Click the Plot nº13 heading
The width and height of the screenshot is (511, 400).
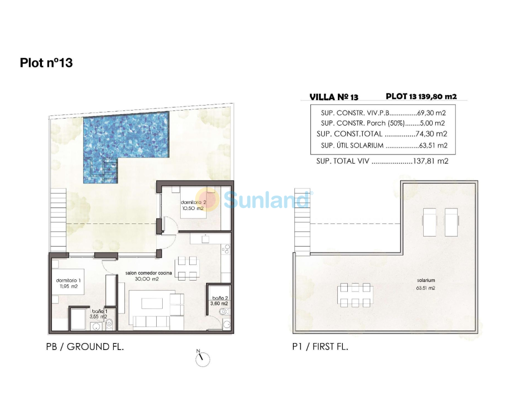pos(46,62)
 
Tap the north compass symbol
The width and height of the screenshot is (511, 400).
pos(203,358)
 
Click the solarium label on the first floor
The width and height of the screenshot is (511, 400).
pos(426,280)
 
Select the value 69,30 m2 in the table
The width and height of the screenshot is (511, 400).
pos(431,113)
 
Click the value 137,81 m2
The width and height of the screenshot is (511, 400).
pos(431,161)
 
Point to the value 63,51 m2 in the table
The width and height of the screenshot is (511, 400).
pos(433,145)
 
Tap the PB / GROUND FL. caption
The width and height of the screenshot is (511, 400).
pos(85,346)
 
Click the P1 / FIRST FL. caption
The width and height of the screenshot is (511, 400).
pos(320,346)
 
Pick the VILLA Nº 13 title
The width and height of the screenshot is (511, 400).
pos(334,97)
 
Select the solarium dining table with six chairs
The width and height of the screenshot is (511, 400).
pos(355,295)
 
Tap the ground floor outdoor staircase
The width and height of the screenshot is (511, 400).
pos(58,220)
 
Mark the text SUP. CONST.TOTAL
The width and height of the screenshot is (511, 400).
pos(349,134)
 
